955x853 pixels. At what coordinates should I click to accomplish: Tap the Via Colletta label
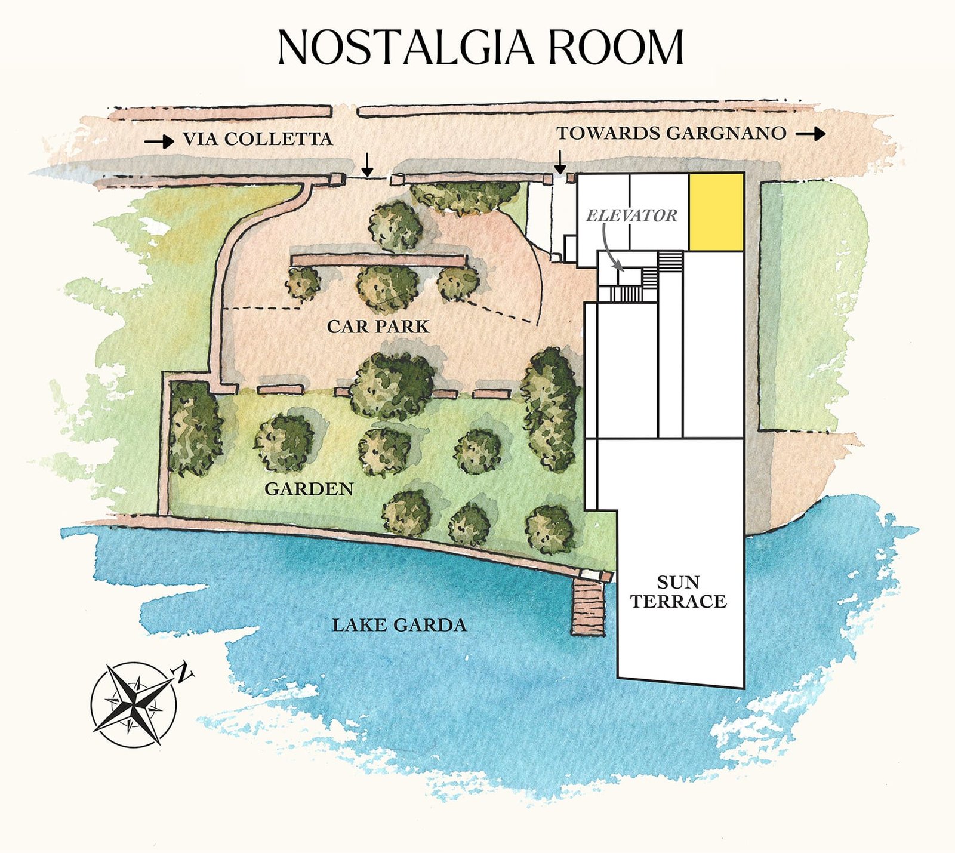[x=257, y=139]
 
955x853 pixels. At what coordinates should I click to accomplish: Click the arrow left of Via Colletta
[x=159, y=141]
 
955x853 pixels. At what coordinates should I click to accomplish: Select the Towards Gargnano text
[x=671, y=133]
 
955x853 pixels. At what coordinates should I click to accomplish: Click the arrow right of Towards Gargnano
[x=811, y=134]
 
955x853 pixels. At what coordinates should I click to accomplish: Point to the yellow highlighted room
[x=716, y=212]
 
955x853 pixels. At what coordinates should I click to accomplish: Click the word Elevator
[x=631, y=215]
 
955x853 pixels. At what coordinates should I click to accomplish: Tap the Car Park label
[x=378, y=327]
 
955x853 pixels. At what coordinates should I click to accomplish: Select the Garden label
[x=309, y=489]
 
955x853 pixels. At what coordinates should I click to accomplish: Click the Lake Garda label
[x=399, y=625]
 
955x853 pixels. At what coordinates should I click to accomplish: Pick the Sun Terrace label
[x=679, y=592]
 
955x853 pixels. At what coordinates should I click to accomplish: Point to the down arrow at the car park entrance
[x=368, y=164]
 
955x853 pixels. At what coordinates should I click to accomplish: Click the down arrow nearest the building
[x=560, y=162]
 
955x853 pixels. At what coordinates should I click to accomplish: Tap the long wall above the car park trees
[x=378, y=260]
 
